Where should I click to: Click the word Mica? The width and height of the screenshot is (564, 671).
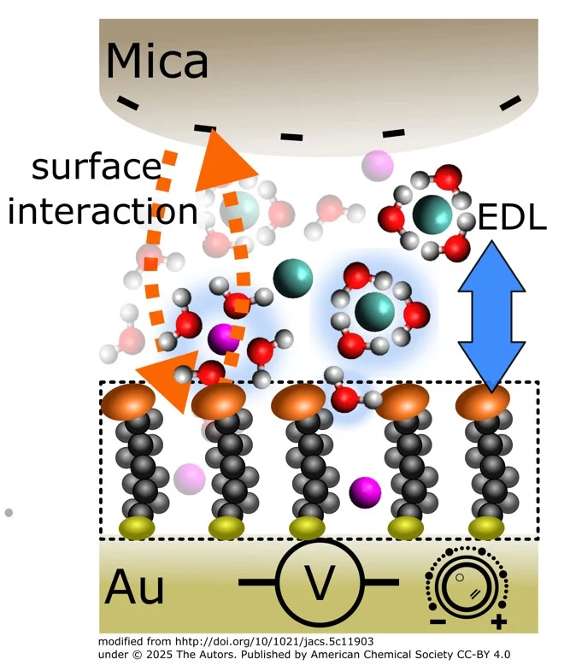click(157, 62)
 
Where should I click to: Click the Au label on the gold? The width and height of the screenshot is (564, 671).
click(135, 589)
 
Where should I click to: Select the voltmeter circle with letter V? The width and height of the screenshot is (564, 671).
click(320, 583)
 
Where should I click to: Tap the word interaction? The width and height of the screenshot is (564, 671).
click(103, 211)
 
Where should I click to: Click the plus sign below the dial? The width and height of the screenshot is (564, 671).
click(499, 621)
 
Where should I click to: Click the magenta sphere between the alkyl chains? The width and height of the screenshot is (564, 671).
click(365, 491)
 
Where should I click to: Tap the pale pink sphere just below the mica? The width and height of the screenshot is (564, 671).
click(376, 164)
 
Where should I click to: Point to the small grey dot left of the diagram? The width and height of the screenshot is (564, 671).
click(9, 513)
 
